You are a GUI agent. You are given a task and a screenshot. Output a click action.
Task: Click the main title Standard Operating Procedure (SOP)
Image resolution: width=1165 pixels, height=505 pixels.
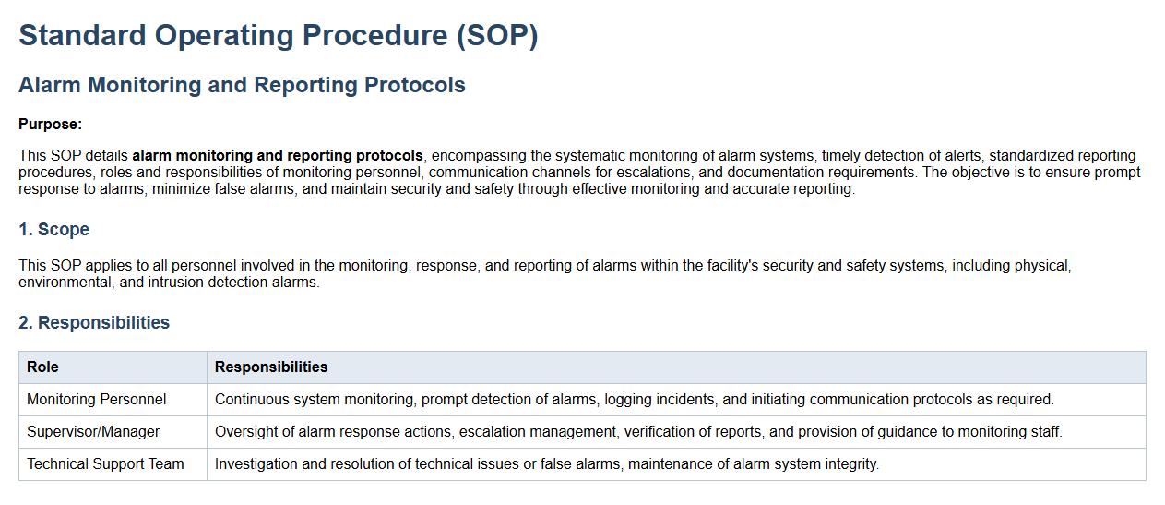(279, 35)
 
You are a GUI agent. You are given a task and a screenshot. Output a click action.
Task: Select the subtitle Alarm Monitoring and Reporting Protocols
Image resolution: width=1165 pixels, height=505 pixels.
(242, 85)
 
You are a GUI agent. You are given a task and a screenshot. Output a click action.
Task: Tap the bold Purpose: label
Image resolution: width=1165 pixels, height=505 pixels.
(51, 124)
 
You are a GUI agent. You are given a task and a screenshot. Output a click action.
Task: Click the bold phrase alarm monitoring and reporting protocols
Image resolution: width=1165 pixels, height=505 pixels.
(278, 155)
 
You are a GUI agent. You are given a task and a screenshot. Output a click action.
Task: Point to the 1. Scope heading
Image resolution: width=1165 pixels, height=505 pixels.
(54, 229)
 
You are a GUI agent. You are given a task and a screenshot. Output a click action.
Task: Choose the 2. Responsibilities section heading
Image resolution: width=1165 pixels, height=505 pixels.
(94, 322)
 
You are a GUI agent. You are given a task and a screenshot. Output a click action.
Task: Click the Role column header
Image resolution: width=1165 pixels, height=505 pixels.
(42, 367)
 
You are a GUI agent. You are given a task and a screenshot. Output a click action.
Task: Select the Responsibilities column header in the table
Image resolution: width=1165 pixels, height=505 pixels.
(271, 367)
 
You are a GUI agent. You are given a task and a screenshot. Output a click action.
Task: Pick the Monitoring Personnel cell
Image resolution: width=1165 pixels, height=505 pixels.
(96, 400)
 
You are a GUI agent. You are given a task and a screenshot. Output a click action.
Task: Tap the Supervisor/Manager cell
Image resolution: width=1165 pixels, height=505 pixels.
(93, 431)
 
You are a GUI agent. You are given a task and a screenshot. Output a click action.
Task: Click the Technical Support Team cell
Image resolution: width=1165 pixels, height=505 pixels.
(105, 463)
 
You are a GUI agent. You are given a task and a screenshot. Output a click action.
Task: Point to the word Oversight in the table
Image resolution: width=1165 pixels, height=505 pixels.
(246, 431)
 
